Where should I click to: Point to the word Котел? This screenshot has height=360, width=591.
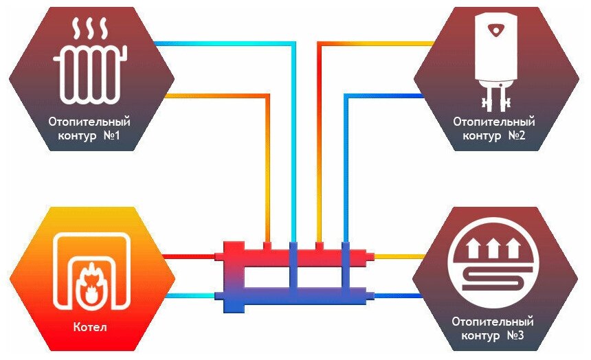(x=90, y=326)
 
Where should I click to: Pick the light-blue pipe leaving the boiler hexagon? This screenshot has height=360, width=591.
(x=192, y=296)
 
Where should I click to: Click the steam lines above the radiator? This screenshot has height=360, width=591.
(x=90, y=30)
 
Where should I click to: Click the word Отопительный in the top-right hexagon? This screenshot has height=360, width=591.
(x=493, y=122)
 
